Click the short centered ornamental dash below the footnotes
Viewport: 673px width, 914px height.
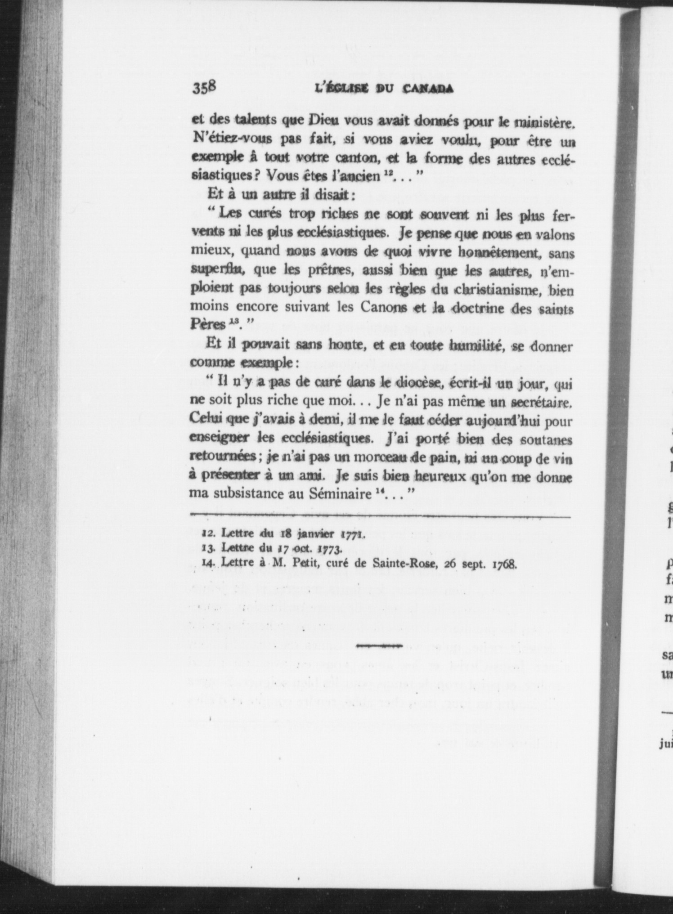pyautogui.click(x=378, y=646)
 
